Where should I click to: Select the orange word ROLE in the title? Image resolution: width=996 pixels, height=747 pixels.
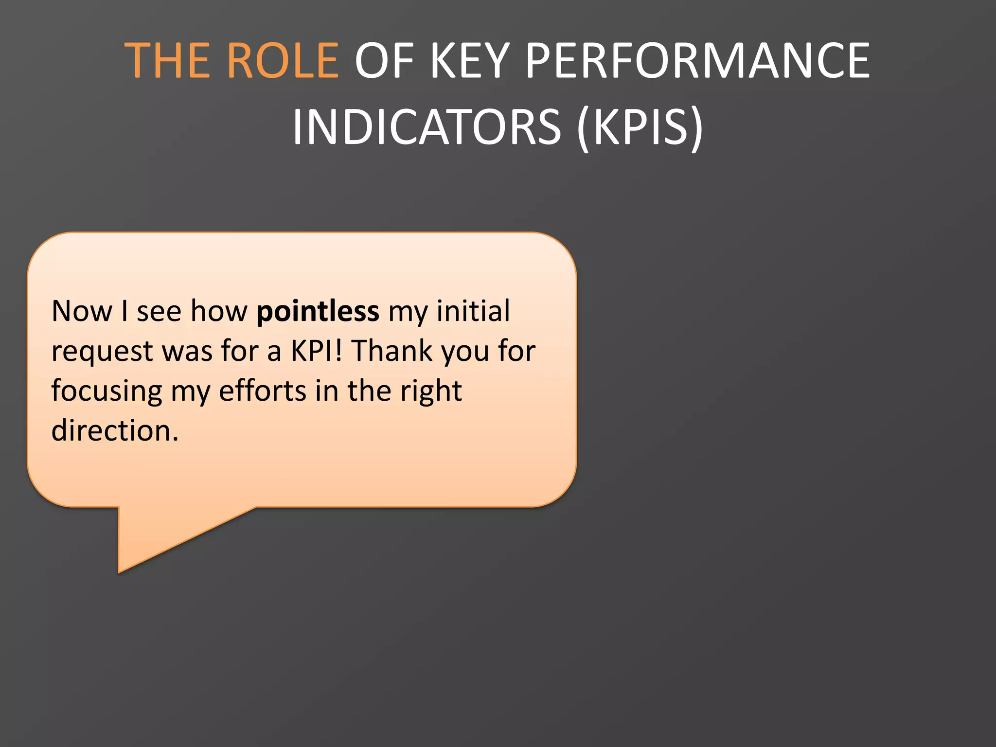[283, 60]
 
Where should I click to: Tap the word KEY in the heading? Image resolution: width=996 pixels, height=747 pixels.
[470, 60]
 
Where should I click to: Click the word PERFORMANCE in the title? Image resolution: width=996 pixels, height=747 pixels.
[697, 60]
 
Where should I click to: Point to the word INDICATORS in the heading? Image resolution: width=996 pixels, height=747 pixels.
[427, 127]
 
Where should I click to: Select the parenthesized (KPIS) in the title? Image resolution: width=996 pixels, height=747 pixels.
[640, 127]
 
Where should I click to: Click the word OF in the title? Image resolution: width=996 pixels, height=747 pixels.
[384, 60]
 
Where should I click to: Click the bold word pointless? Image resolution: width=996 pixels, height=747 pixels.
[318, 311]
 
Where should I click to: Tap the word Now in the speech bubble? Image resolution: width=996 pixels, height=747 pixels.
[82, 311]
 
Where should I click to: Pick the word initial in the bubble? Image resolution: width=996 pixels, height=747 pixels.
[473, 311]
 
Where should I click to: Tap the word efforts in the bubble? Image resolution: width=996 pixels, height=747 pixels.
[263, 391]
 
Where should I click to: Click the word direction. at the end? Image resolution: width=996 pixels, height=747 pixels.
[115, 431]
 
